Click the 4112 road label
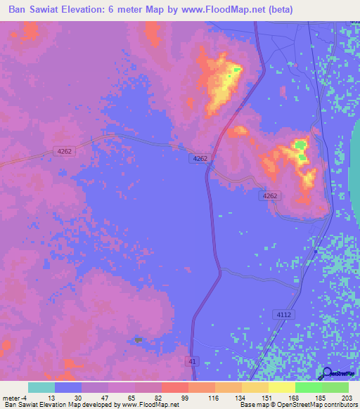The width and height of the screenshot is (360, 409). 283,314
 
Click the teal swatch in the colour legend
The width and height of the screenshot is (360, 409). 41,387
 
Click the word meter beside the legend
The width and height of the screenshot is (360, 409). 11,397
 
